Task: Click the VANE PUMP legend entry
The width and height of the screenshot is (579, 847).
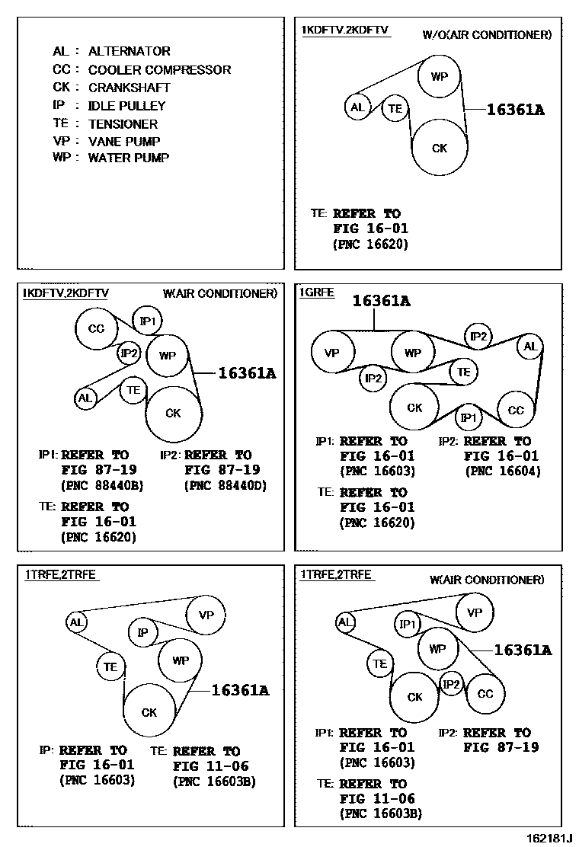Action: (124, 141)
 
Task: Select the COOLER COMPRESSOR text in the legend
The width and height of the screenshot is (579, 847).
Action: (159, 69)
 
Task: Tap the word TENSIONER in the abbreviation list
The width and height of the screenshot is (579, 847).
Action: (123, 123)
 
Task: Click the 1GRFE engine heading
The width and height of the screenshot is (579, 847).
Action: (316, 292)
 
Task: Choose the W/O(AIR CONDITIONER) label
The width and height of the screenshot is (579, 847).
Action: (487, 34)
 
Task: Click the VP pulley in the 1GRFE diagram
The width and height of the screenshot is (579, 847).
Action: (331, 353)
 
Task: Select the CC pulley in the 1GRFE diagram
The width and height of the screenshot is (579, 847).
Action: (516, 410)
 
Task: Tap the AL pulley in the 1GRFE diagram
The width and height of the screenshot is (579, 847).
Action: (530, 347)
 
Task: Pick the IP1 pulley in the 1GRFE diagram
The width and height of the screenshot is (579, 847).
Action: (469, 417)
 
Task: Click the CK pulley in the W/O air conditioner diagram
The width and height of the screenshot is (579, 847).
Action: (440, 148)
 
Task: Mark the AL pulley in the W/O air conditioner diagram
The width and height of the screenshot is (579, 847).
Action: (357, 107)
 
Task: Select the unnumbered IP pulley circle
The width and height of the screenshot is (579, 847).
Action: (142, 631)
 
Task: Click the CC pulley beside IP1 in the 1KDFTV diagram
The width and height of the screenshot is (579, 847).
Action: (96, 329)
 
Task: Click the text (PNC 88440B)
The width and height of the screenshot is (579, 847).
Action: (101, 485)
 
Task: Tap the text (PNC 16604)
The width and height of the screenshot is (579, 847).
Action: (502, 471)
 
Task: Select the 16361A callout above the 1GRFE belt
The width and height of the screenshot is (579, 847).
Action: (381, 302)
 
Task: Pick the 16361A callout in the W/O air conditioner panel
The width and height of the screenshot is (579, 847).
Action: (515, 110)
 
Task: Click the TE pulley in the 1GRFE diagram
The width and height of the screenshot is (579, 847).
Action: (463, 372)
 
